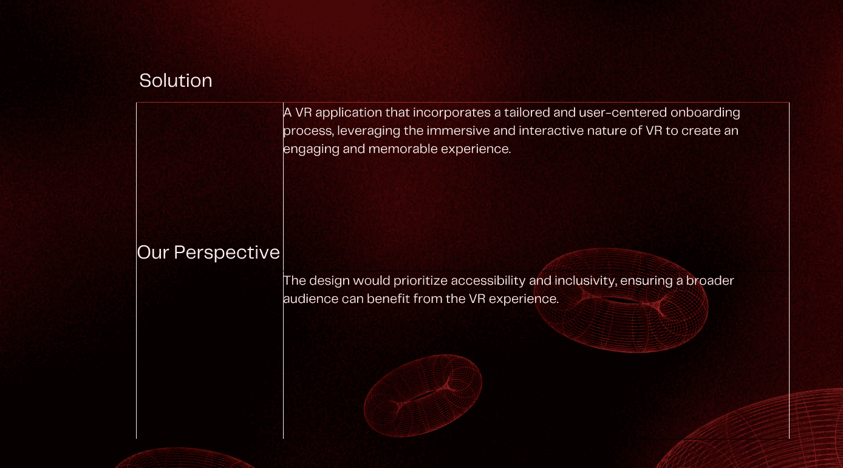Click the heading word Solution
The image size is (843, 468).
(x=176, y=81)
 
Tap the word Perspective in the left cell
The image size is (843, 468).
(x=227, y=253)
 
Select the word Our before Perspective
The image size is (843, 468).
(x=153, y=253)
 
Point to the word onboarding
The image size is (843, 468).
(x=705, y=112)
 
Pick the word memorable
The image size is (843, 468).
(x=403, y=149)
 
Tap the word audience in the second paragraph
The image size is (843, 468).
(x=310, y=299)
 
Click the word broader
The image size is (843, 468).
(x=710, y=280)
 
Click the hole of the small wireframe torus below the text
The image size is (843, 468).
(x=424, y=396)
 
